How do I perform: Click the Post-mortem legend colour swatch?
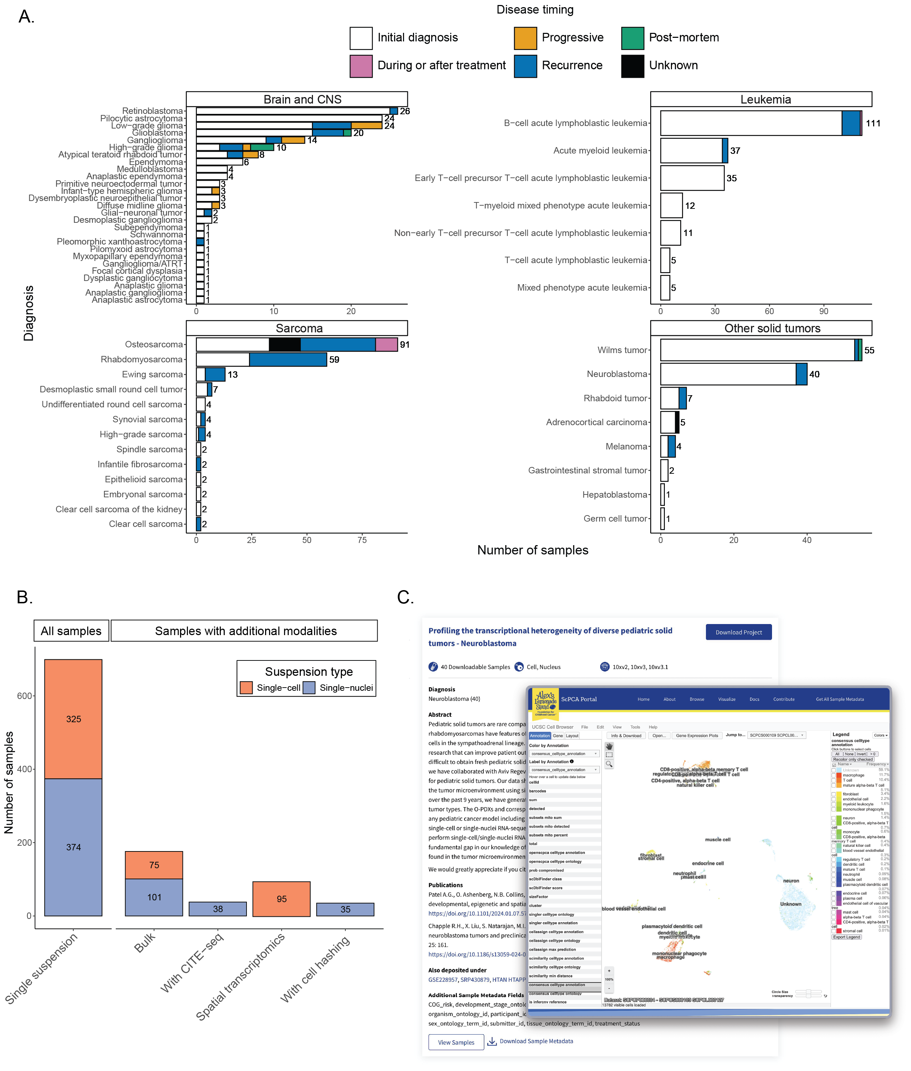pyautogui.click(x=632, y=38)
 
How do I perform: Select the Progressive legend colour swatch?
pyautogui.click(x=525, y=38)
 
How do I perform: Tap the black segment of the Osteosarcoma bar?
pyautogui.click(x=285, y=344)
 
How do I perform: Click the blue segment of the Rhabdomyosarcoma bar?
pyautogui.click(x=288, y=359)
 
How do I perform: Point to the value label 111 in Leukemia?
pyautogui.click(x=873, y=124)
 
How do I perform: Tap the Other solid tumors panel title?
pyautogui.click(x=772, y=328)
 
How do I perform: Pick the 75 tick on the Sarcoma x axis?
pyautogui.click(x=362, y=540)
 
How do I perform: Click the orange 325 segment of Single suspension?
pyautogui.click(x=73, y=719)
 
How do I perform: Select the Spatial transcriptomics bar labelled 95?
pyautogui.click(x=282, y=899)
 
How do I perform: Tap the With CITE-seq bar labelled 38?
pyautogui.click(x=218, y=909)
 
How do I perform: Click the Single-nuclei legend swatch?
pyautogui.click(x=309, y=688)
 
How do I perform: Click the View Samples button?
pyautogui.click(x=455, y=1042)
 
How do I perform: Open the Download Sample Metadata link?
pyautogui.click(x=536, y=1041)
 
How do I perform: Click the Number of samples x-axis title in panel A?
pyautogui.click(x=532, y=550)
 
